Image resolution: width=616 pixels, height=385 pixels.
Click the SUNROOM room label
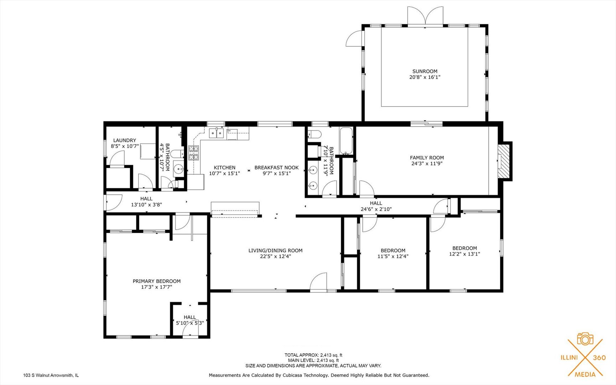pos(425,71)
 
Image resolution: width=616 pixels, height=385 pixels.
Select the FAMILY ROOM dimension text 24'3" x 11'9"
pos(427,164)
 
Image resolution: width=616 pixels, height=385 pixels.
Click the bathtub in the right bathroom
pos(346,141)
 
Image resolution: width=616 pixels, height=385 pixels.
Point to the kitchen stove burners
pos(193,153)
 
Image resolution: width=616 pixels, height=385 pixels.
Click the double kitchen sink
pos(216,133)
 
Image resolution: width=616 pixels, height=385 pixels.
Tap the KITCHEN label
pos(224,168)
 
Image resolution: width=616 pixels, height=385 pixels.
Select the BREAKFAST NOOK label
pos(276,168)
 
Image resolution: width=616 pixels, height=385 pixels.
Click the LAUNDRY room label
pos(124,140)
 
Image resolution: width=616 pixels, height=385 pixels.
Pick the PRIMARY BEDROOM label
pos(157,281)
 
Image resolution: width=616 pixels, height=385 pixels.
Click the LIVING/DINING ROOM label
pos(275,251)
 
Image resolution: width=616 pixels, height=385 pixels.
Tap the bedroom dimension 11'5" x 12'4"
pos(393,256)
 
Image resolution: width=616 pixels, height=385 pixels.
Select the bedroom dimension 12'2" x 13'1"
pos(465,254)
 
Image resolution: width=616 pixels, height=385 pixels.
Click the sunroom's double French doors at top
pos(425,16)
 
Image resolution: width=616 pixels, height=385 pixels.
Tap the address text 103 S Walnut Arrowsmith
pos(51,375)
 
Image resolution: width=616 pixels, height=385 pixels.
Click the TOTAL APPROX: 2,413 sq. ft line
pos(313,355)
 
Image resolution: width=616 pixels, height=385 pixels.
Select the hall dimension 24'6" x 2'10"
pos(376,209)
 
